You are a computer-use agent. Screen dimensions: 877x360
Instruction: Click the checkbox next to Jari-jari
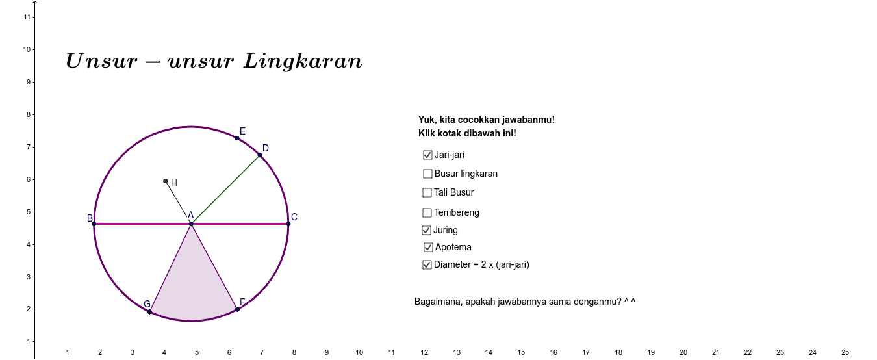coord(427,155)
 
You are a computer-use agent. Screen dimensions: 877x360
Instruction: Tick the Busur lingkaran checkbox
coord(427,174)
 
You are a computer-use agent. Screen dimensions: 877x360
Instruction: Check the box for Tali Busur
coord(427,192)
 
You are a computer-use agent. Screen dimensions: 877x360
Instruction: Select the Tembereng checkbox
coord(427,212)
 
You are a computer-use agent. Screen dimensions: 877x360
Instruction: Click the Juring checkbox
coord(426,230)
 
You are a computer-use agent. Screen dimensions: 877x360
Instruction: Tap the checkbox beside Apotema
coord(428,247)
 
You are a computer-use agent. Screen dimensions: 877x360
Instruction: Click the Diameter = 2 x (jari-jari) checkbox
coord(427,265)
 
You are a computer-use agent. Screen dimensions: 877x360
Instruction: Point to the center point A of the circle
coord(191,224)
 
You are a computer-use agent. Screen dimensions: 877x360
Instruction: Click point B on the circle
coord(94,224)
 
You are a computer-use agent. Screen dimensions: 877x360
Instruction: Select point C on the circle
coord(288,224)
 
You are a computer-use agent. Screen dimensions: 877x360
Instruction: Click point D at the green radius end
coord(260,155)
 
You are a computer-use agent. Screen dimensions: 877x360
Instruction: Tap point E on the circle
coord(237,138)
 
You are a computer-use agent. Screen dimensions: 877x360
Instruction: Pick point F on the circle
coord(237,309)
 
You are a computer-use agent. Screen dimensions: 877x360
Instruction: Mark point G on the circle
coord(149,312)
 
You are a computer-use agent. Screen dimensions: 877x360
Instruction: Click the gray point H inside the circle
coord(166,181)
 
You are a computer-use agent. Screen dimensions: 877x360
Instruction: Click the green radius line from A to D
coord(225,190)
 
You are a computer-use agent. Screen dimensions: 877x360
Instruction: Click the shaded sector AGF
coord(193,290)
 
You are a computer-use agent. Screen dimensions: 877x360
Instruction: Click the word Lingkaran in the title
coord(303,62)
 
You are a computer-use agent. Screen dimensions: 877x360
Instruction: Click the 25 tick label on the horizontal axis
coord(845,352)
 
